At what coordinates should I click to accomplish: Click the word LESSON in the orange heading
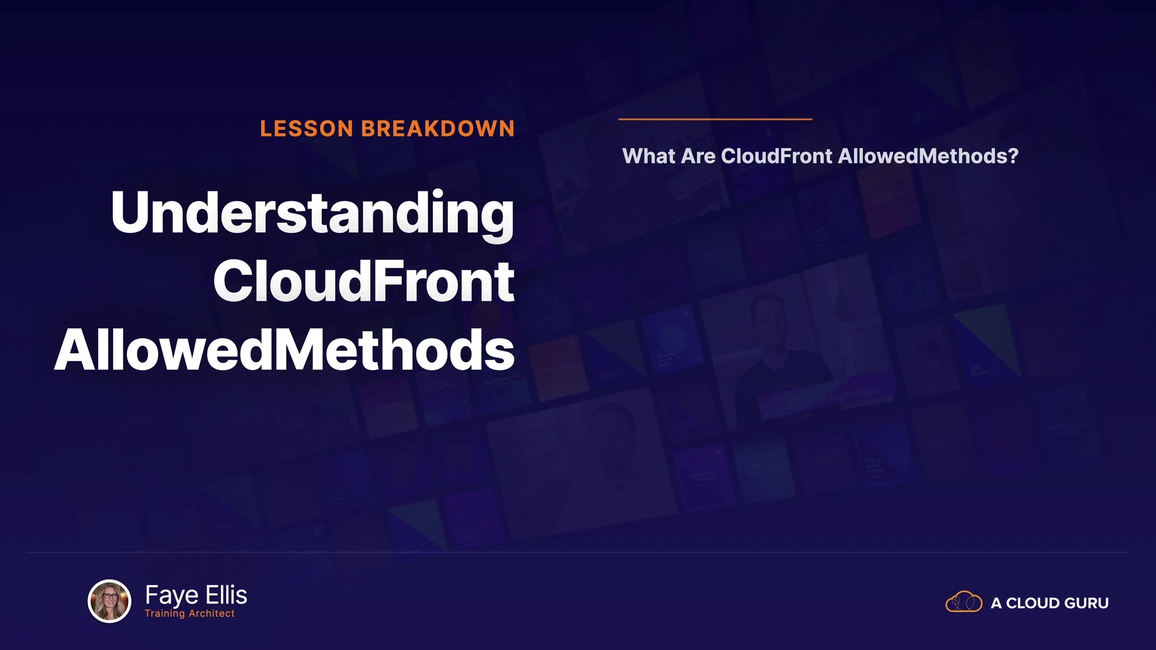306,129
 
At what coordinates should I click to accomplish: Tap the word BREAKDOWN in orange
438,129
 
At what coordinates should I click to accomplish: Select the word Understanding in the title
312,214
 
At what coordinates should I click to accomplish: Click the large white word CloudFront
364,281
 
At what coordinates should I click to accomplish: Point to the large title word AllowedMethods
284,350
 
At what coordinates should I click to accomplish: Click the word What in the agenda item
649,156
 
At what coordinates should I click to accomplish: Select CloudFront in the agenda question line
777,156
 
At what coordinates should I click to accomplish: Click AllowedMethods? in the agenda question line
928,156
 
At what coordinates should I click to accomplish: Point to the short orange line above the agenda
715,119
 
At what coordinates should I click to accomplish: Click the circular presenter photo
110,601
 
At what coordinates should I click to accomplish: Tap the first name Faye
172,595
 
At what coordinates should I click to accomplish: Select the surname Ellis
226,595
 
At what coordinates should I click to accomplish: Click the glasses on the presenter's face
110,596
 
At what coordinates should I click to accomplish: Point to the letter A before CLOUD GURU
996,603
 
